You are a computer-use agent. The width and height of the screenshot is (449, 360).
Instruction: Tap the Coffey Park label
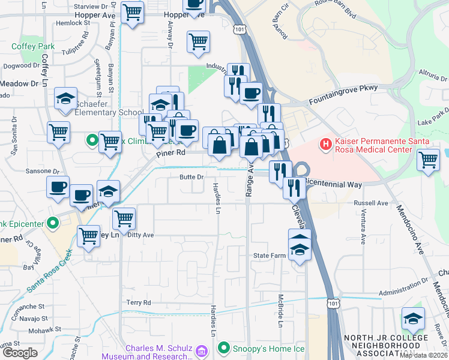(32, 46)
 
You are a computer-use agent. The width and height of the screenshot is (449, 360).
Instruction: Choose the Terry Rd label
(138, 303)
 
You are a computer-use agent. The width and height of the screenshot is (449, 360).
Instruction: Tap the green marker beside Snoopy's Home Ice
(224, 348)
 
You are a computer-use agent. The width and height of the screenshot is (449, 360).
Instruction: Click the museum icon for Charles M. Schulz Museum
(202, 350)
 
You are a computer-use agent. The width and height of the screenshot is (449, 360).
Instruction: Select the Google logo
(20, 353)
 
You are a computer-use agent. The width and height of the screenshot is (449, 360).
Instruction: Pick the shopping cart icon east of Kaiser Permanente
(428, 160)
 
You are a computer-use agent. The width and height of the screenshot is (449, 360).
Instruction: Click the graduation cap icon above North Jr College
(413, 318)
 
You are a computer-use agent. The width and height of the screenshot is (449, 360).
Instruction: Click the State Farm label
(268, 256)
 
